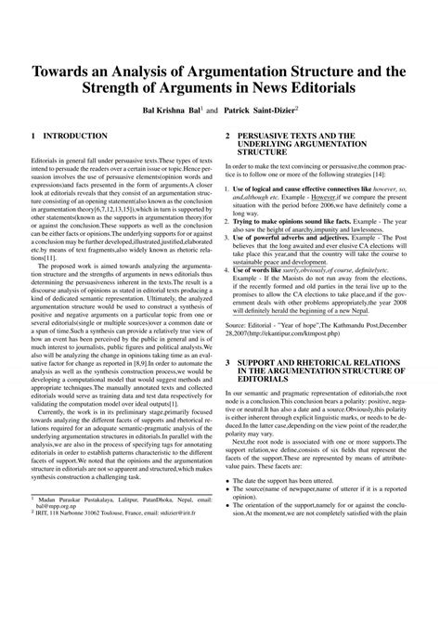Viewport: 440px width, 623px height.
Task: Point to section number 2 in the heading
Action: [x=228, y=136]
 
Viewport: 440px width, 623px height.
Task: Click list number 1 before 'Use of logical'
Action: [x=228, y=188]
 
